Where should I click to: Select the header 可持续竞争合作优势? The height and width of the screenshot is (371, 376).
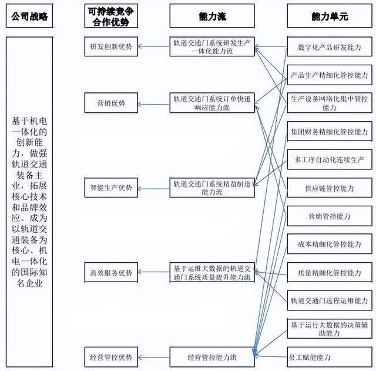(112, 17)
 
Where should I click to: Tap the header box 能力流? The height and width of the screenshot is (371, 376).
(212, 17)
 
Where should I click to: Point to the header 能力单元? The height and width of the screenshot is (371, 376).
(330, 17)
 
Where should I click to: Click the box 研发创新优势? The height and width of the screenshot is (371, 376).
(112, 47)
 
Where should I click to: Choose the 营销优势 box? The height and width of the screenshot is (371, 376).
(112, 103)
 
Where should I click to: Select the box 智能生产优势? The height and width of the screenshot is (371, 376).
(112, 188)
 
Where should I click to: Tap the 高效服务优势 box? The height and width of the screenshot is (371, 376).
(112, 273)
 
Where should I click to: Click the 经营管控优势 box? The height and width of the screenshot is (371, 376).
(112, 356)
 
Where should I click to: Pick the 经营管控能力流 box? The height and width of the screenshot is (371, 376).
(212, 356)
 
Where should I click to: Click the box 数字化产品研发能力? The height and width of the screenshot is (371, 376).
(330, 47)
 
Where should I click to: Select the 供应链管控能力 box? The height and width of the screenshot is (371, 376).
(330, 188)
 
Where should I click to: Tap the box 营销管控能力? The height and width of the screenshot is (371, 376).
(330, 216)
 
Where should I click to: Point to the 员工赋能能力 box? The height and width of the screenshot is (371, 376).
(330, 357)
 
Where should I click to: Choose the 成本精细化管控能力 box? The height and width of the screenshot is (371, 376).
(330, 244)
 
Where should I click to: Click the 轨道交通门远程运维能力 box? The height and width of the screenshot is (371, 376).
(330, 300)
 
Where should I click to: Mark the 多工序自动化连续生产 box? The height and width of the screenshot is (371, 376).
(330, 160)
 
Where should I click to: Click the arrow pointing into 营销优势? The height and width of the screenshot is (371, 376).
(155, 104)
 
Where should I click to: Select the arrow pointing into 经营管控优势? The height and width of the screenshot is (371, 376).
(155, 357)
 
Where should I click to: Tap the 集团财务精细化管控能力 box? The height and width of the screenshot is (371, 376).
(330, 131)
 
